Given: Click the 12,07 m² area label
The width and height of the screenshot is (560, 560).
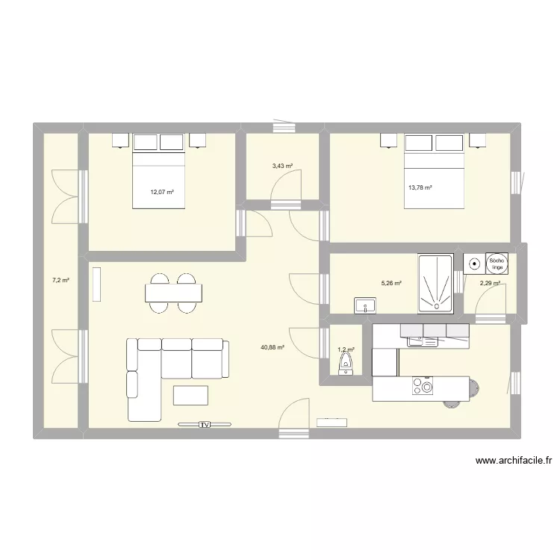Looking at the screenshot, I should (x=162, y=192).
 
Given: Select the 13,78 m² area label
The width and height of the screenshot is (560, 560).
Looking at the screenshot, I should (x=420, y=188).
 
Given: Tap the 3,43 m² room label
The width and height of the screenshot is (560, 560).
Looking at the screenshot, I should (x=283, y=166).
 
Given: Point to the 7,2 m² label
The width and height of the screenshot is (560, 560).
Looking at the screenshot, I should (x=60, y=280).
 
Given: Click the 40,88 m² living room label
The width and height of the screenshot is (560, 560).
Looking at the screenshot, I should (x=272, y=347).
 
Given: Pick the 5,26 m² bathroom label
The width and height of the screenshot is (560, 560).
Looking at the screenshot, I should (x=391, y=283).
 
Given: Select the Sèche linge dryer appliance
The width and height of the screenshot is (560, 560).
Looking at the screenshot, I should (x=497, y=263).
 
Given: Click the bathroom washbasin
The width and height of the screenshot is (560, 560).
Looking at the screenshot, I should (x=366, y=305).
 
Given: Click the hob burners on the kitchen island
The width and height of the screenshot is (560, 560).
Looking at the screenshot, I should (x=422, y=387).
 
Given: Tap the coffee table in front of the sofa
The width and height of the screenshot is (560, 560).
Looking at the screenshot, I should (x=190, y=394).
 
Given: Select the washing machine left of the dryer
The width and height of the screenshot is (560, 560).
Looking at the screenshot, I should (x=473, y=263).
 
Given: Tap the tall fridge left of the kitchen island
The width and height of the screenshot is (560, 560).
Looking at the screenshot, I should (x=385, y=362).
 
